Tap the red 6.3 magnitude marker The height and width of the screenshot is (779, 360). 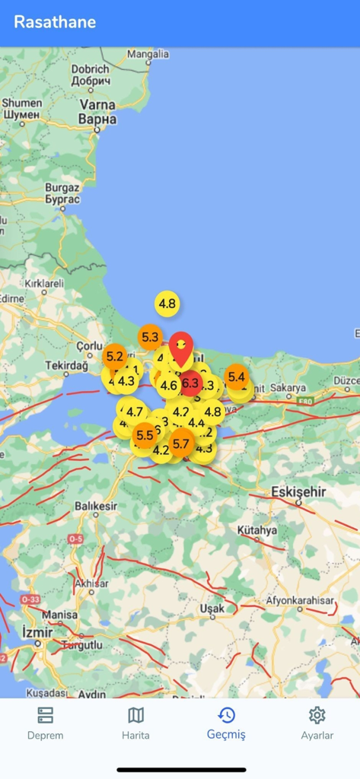pos(190,383)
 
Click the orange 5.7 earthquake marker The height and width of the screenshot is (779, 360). pos(181,443)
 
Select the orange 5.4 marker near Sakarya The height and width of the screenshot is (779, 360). pos(236,376)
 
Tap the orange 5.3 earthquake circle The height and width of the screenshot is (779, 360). pos(150,336)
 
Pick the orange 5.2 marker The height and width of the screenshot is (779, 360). pos(115,355)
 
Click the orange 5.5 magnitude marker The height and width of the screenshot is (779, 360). pos(145,436)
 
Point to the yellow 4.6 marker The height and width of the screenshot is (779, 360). pos(169,386)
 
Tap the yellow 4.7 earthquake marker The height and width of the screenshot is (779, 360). pos(135,412)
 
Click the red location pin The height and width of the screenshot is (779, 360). pos(180,348)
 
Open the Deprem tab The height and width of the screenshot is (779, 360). pos(45,723)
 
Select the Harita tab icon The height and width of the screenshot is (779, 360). pos(135,715)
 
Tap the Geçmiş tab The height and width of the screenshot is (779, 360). pos(226,723)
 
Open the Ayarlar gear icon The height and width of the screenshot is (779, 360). pos(317,715)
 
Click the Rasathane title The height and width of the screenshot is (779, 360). pos(55,22)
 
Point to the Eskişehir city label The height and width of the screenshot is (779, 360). pos(298,491)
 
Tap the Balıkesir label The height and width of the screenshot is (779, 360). pos(95,506)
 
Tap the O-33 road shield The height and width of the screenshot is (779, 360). pos(30,599)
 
